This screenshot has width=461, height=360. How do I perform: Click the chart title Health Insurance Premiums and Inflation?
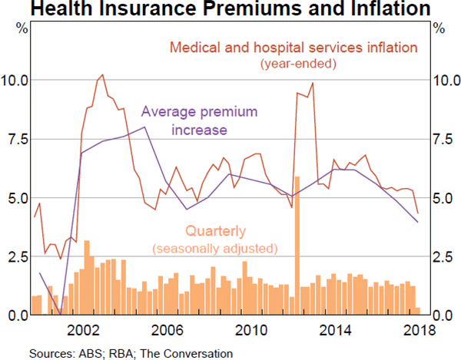pos(230,10)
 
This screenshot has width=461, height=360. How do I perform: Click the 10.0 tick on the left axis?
pos(16,80)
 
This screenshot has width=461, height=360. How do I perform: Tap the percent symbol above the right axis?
pos(439,29)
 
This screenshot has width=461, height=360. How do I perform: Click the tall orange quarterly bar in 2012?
pos(297,246)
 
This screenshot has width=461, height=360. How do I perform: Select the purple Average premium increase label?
pos(198,121)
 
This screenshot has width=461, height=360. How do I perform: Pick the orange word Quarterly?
pos(214,230)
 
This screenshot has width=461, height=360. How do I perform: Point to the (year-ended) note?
pos(298,64)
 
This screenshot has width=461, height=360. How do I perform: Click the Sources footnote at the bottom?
pos(131,353)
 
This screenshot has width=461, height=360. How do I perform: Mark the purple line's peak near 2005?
pos(146,127)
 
